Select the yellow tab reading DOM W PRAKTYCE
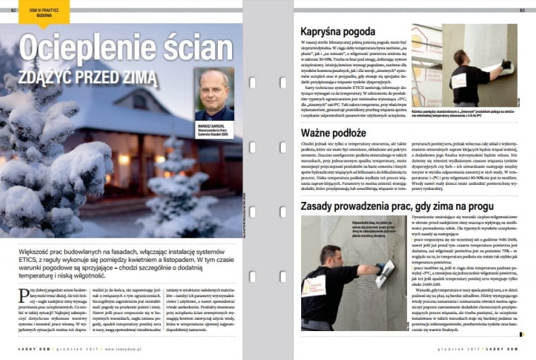pyautogui.click(x=44, y=11)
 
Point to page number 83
pyautogui.click(x=523, y=10)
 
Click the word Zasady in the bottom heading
pyautogui.click(x=319, y=205)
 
